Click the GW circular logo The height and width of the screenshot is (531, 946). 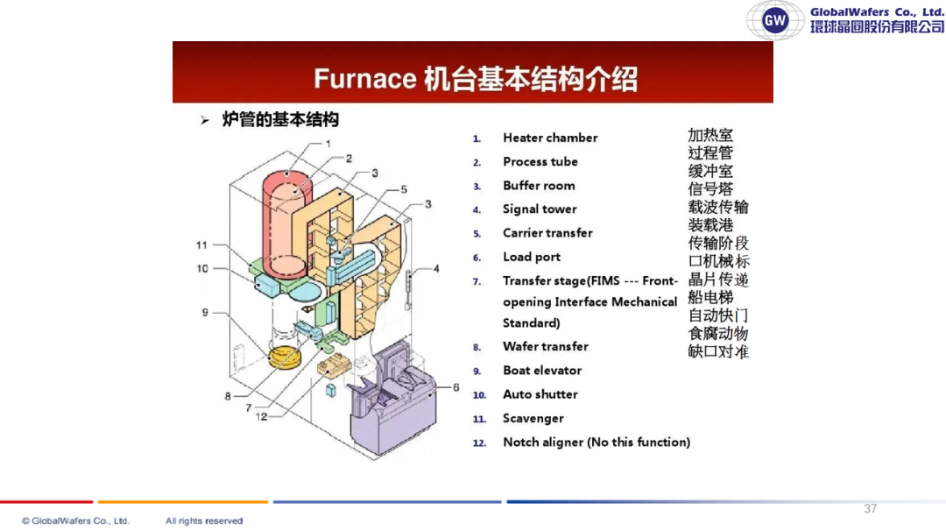tap(775, 20)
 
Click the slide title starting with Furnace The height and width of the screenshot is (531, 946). tap(476, 79)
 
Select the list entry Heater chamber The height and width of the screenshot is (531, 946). tap(550, 138)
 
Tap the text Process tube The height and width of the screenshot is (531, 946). tap(540, 162)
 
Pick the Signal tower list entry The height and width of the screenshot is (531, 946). tap(540, 209)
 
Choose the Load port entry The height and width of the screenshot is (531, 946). tap(532, 257)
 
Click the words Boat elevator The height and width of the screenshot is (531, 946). tap(542, 371)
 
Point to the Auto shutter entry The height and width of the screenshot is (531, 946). tap(540, 394)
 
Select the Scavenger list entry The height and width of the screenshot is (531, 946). tap(533, 419)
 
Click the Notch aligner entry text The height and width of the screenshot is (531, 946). tap(597, 442)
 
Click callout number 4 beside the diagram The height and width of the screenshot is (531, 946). tap(436, 268)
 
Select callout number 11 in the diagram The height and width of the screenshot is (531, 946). tap(201, 245)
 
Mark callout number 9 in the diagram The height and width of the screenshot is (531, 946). tap(205, 312)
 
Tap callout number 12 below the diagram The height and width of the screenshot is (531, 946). tap(261, 416)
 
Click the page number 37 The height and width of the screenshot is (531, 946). tap(870, 509)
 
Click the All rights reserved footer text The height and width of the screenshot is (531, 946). tap(204, 520)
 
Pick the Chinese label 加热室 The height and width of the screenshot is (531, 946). tap(710, 135)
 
